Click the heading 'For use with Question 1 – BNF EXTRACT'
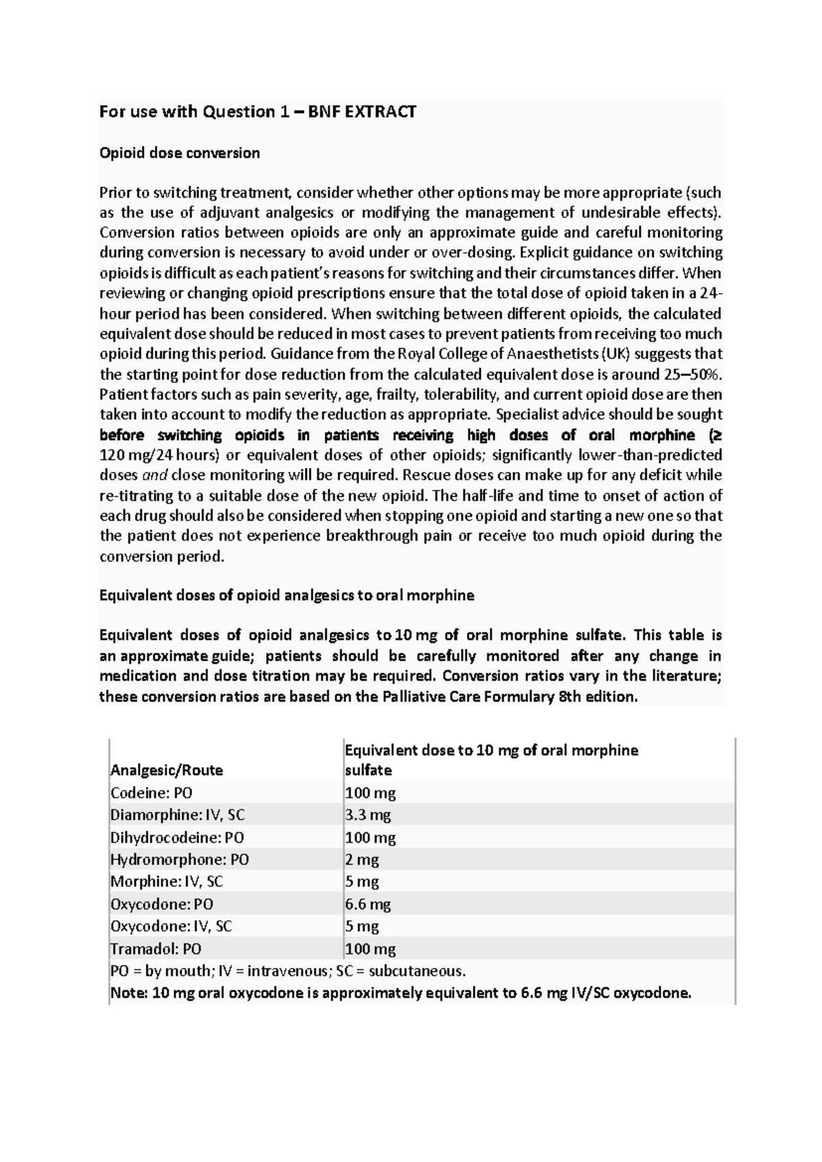[258, 112]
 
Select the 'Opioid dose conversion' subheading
[179, 153]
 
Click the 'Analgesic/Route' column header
[166, 770]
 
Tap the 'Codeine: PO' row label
[151, 793]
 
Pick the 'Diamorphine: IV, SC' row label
[177, 815]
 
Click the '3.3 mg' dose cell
[368, 815]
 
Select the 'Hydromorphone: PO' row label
[179, 859]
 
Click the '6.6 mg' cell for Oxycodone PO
[368, 904]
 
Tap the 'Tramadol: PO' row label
[156, 949]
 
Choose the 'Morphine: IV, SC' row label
[166, 882]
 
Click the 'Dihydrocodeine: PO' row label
[177, 837]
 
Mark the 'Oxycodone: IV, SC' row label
[171, 926]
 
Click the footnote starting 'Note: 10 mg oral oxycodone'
[401, 993]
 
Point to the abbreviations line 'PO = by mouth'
[288, 971]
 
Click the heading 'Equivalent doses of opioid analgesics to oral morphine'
[287, 595]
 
